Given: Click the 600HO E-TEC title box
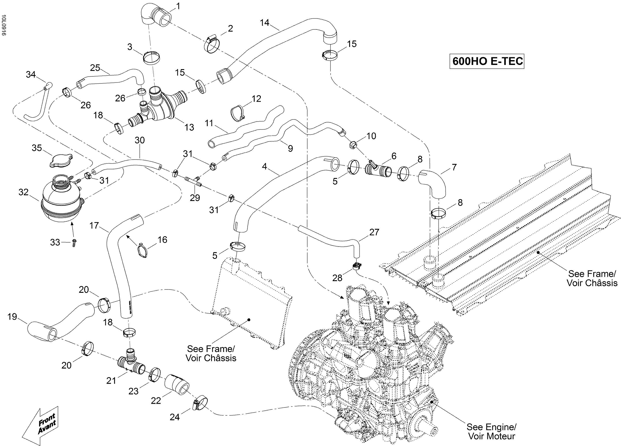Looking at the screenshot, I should (487, 61).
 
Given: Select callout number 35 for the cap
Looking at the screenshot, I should (37, 148).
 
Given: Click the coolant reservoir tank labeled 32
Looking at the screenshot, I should (61, 200).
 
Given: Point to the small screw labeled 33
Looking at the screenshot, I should (74, 242).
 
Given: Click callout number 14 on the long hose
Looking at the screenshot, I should (265, 22).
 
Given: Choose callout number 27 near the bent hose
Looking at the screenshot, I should (374, 232).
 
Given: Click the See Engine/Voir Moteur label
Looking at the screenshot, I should (491, 431).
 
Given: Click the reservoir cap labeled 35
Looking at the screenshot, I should (61, 160).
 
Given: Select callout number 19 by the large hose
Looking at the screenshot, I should (12, 317).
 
